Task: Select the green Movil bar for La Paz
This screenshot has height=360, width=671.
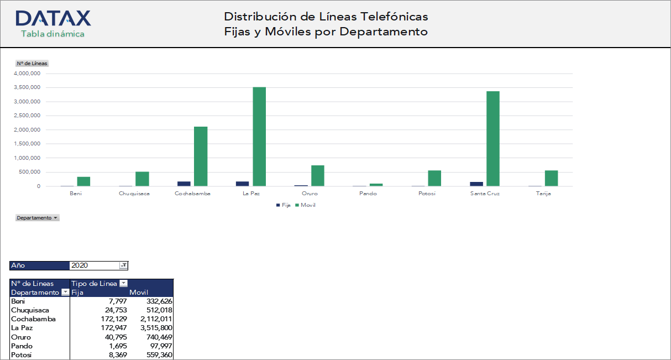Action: tap(259, 136)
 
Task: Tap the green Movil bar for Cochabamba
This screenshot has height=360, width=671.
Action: tap(201, 156)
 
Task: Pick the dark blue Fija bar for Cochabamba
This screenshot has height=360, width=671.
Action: tap(184, 183)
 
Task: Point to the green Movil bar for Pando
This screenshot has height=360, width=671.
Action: tap(376, 185)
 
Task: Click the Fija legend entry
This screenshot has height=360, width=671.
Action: tap(283, 205)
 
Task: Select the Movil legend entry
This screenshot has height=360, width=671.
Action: tap(306, 205)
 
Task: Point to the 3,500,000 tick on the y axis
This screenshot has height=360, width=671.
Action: tap(27, 87)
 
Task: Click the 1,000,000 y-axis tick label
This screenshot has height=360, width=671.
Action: tap(27, 158)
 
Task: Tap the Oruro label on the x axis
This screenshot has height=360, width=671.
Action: tap(310, 194)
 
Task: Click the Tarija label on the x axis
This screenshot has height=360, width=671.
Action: tap(543, 194)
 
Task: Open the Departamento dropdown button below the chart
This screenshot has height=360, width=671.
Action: tap(38, 218)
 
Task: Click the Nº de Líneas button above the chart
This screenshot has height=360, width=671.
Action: tap(32, 63)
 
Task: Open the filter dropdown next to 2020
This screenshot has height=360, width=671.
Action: tap(123, 265)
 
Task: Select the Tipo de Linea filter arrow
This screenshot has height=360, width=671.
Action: tap(123, 284)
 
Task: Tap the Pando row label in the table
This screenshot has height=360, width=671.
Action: tap(21, 346)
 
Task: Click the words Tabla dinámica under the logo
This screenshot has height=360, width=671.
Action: tap(53, 34)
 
